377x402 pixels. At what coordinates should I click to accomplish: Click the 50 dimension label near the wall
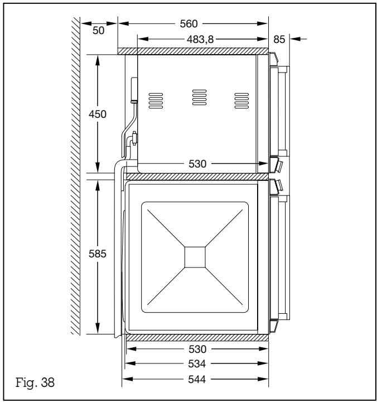[x=98, y=31]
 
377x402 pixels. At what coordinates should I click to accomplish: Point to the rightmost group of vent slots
[x=240, y=99]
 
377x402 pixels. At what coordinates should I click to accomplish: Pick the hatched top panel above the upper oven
[x=192, y=51]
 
